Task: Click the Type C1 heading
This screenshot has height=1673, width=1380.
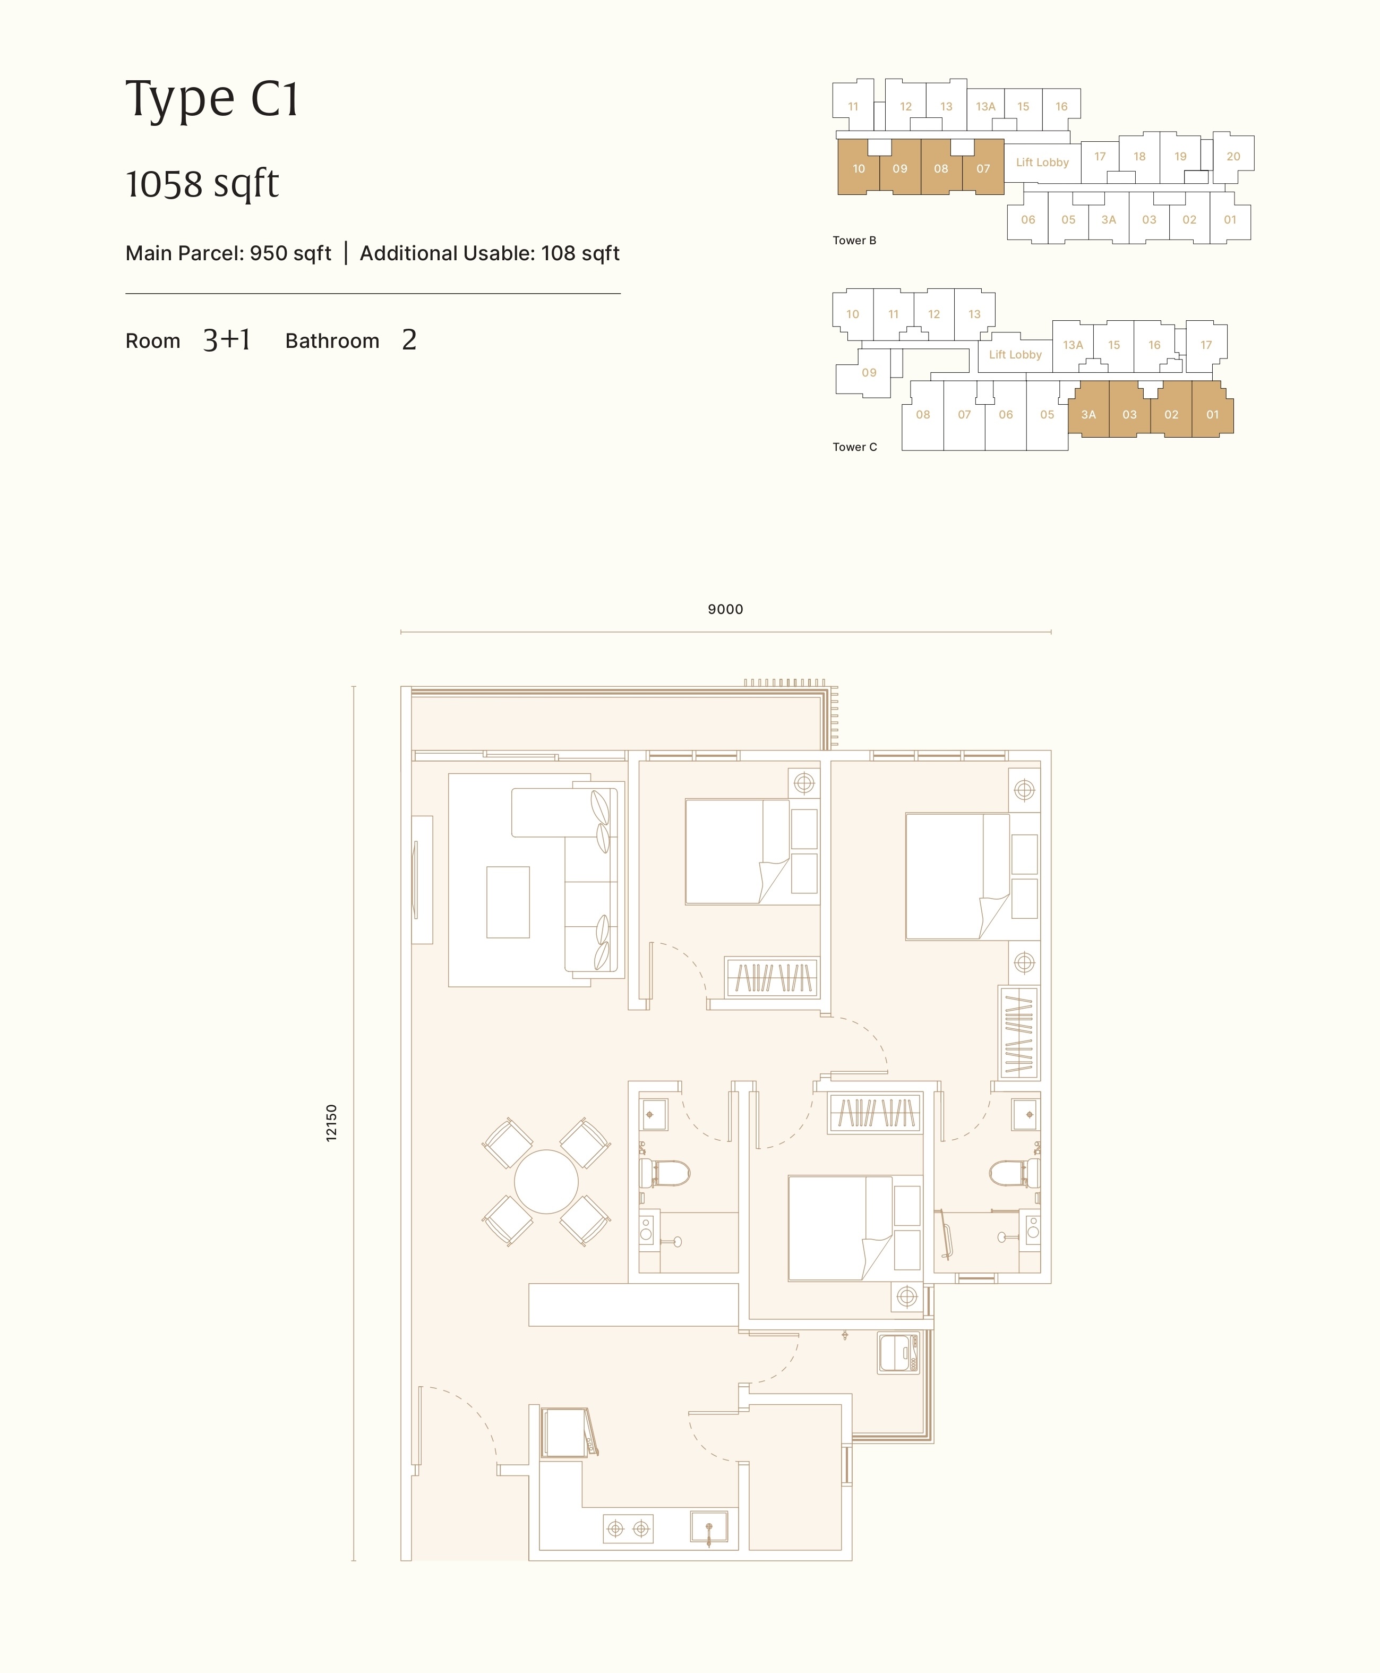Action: tap(211, 99)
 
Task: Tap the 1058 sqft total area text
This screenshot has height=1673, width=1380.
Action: tap(202, 184)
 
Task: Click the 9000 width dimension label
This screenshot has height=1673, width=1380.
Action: tap(725, 609)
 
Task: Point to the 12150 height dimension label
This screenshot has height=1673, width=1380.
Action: tap(331, 1123)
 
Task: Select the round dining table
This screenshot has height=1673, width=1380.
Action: tap(546, 1182)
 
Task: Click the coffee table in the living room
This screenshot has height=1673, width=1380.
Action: tap(508, 902)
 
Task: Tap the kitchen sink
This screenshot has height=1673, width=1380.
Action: tap(709, 1527)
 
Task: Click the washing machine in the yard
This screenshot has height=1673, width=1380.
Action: tap(899, 1353)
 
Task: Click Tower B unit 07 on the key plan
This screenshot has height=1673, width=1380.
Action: tap(983, 168)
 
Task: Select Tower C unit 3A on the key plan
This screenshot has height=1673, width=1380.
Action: tap(1088, 414)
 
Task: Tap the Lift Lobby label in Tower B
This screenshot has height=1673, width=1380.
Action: tap(1042, 162)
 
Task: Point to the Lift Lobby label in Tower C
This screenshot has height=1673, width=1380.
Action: tap(1015, 355)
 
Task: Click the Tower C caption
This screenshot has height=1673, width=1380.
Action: tap(854, 447)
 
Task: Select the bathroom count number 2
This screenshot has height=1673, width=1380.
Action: tap(409, 340)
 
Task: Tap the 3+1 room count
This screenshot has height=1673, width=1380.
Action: tap(227, 340)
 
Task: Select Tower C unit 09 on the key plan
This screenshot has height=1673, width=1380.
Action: tap(869, 372)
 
